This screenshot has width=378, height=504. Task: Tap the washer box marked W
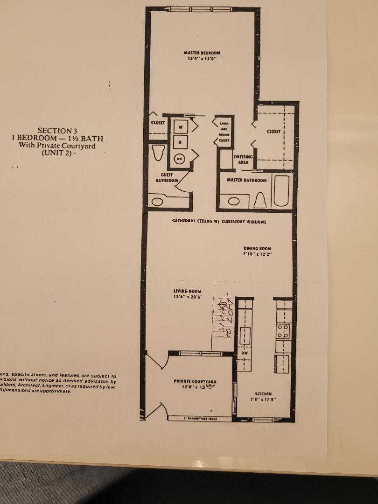pos(181,126)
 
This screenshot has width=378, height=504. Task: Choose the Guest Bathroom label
pos(167,177)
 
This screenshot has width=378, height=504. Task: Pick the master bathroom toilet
pos(260,200)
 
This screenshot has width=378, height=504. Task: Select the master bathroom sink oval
pos(233,202)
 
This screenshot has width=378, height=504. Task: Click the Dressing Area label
pos(243,160)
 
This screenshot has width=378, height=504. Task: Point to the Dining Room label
pos(257,251)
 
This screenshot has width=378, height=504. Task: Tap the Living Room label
pos(187,294)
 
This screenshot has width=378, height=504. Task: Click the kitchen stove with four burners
pos(283,331)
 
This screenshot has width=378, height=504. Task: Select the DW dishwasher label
pos(244,353)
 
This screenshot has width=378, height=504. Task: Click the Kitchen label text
pos(263,396)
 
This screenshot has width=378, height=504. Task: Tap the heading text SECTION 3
pos(56,131)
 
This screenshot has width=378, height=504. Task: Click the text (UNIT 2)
pos(57,153)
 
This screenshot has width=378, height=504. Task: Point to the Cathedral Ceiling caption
pos(219,222)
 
